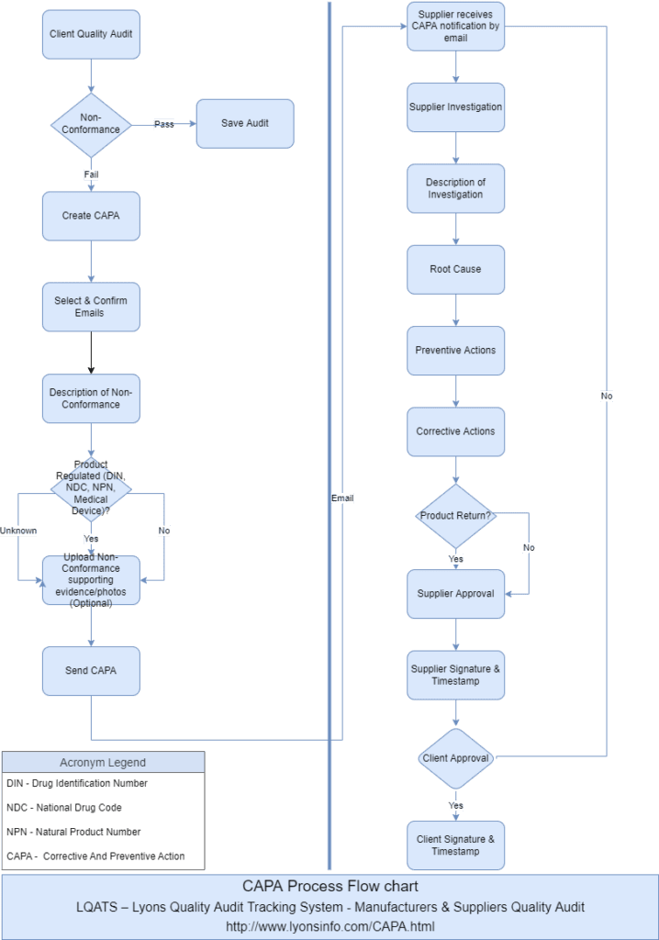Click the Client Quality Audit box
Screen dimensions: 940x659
[x=90, y=35]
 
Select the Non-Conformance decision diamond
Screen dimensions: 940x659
[x=90, y=124]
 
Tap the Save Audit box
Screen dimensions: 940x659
[x=245, y=123]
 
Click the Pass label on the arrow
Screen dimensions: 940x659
[x=163, y=124]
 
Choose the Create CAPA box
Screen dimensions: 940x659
[x=90, y=216]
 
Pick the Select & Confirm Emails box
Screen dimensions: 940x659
[x=90, y=307]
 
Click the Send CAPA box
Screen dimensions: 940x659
[x=90, y=670]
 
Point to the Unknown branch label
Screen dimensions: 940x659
[x=18, y=531]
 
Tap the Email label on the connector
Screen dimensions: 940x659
[x=342, y=498]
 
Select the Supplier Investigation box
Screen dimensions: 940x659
[x=455, y=107]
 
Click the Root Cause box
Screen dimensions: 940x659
[x=455, y=269]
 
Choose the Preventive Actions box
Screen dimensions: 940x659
[x=455, y=351]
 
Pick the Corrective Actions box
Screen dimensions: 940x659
[x=455, y=431]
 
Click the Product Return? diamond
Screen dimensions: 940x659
[x=455, y=516]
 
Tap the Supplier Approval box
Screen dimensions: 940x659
[x=455, y=594]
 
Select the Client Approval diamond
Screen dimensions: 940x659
[x=455, y=758]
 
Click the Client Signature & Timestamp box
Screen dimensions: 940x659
[x=455, y=845]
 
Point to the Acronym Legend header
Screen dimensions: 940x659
[x=103, y=762]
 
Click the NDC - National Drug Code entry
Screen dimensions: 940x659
[x=64, y=808]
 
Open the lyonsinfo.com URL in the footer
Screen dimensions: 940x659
[x=329, y=926]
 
